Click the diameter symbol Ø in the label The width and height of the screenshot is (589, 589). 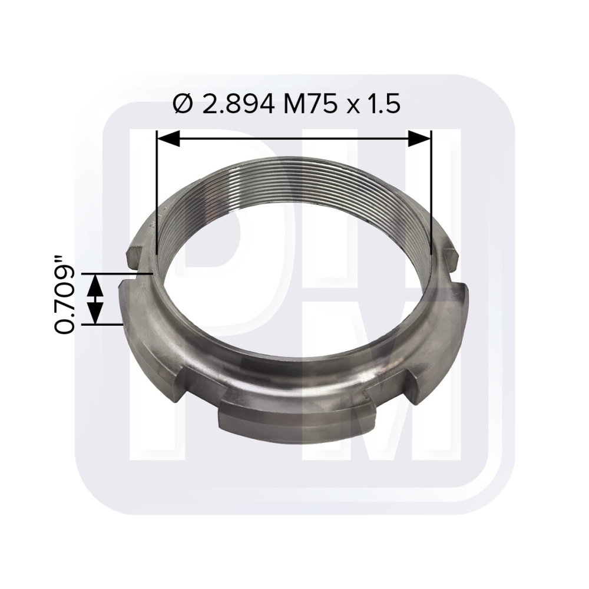point(183,104)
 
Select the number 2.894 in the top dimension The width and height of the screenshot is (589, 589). point(238,104)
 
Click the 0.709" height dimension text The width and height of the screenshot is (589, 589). point(64,295)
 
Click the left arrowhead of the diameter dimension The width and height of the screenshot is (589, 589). point(168,138)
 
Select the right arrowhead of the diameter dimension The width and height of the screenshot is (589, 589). point(419,138)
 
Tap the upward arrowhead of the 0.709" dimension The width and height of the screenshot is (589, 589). point(95,286)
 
